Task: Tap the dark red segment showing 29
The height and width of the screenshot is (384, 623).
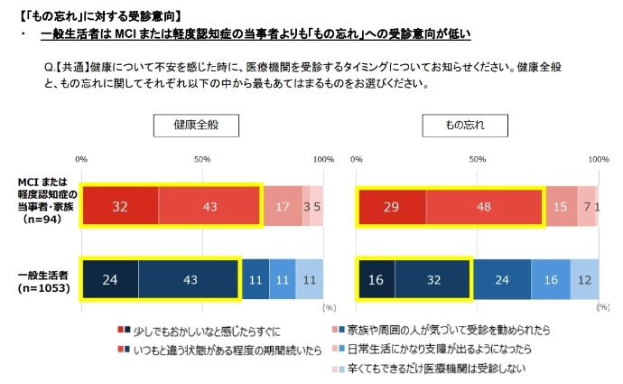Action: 392,207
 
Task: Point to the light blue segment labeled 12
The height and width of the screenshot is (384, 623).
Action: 584,280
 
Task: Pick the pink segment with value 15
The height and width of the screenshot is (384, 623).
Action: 561,207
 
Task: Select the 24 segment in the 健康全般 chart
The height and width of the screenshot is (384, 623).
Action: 110,280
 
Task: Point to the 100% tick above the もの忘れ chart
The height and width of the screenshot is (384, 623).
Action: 598,159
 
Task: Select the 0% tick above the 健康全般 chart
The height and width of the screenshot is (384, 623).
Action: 81,159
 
